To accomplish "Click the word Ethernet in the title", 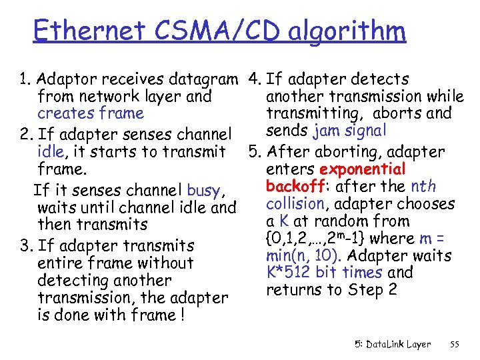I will (88, 30).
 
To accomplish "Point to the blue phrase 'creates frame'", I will (91, 114).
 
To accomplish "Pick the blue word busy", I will (203, 191).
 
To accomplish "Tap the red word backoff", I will (293, 187).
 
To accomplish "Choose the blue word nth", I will (424, 187).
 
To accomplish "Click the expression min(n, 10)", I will (305, 255).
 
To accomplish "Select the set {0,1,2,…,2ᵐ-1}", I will (316, 239).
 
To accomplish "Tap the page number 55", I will (455, 345).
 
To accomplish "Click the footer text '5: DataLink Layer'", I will (392, 345).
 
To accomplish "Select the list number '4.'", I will (253, 80).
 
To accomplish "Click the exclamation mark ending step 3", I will (182, 315).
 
